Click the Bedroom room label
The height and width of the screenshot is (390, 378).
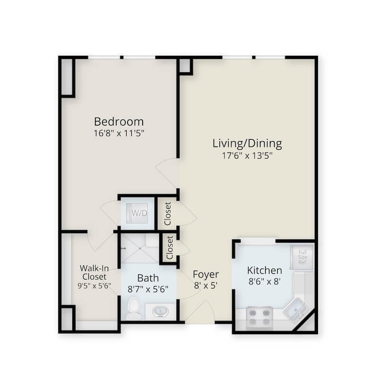[x=119, y=122]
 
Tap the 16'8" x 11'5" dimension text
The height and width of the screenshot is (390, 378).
[x=119, y=133]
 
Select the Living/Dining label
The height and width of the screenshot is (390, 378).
[x=247, y=144]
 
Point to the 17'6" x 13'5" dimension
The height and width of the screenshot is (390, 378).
[x=247, y=156]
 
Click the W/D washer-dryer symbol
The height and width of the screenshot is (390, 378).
[x=137, y=213]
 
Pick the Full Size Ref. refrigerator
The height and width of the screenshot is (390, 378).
[x=302, y=257]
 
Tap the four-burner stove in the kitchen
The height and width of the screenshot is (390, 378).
[x=259, y=318]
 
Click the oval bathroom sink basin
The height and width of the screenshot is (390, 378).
[x=160, y=311]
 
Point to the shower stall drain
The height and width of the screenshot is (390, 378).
[x=140, y=248]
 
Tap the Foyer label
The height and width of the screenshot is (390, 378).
[x=206, y=274]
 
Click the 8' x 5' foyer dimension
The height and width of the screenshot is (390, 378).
[x=206, y=286]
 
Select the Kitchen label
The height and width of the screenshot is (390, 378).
[x=265, y=271]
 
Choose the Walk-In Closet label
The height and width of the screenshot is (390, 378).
[x=94, y=272]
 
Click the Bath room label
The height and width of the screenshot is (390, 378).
[x=148, y=278]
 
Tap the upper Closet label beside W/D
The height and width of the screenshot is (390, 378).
[x=168, y=214]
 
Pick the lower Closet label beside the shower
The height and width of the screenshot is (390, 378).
[x=170, y=247]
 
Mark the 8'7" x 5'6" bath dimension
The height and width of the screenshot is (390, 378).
[x=148, y=289]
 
